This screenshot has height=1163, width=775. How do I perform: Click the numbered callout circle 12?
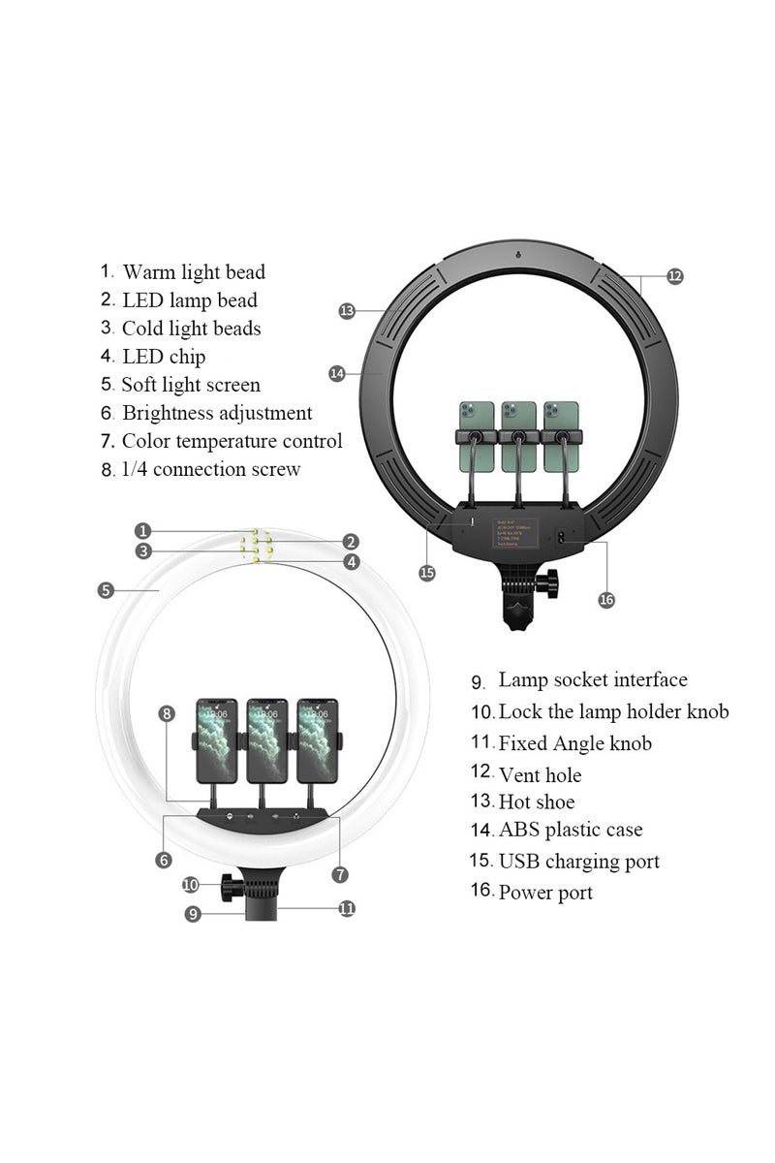674,276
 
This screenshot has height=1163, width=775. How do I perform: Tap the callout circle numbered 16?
606,600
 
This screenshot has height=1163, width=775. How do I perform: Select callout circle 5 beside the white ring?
106,589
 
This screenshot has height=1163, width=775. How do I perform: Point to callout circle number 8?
167,713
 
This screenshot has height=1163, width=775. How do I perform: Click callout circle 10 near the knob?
191,884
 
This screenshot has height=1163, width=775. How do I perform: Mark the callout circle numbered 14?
337,373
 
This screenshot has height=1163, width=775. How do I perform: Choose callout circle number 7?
339,874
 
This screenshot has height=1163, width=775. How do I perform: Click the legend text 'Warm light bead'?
194,273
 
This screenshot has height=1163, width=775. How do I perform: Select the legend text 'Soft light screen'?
191,385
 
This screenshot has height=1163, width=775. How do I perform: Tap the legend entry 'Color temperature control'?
232,441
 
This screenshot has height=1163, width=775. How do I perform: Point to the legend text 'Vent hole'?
540,774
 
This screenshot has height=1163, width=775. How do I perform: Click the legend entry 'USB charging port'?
578,861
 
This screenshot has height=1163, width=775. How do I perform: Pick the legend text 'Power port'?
545,893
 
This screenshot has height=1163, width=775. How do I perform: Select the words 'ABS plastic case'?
571,830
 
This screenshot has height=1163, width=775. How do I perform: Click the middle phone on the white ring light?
266,740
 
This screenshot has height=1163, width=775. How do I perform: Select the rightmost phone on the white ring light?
317,740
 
